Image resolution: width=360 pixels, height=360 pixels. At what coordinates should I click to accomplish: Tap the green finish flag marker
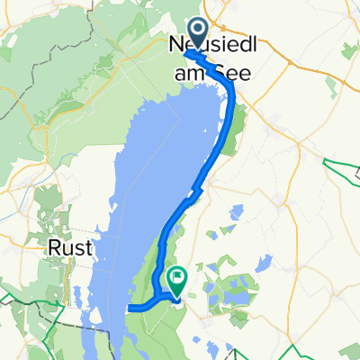tap(176, 278)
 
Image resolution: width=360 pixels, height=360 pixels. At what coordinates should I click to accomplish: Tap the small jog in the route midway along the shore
tap(194, 190)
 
